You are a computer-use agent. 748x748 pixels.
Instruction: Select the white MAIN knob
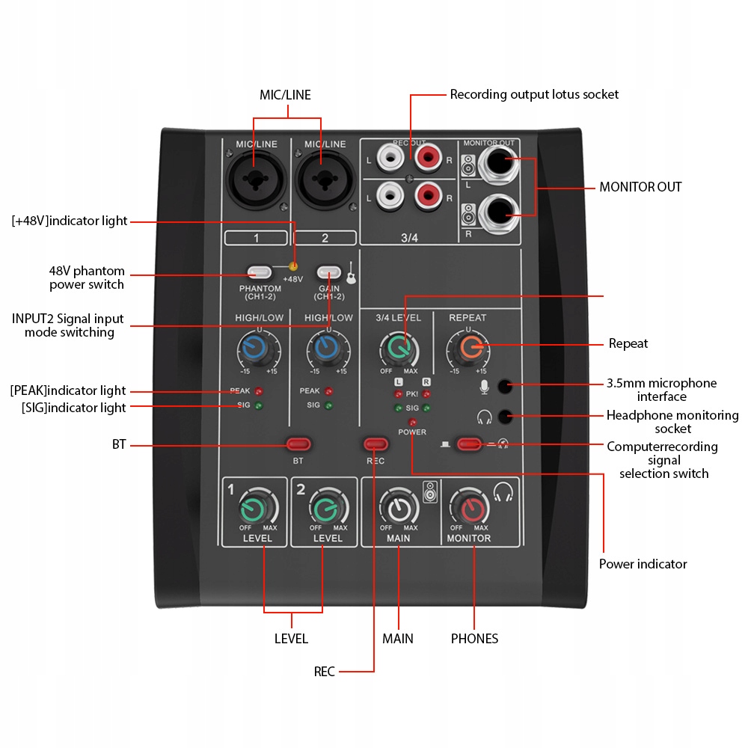click(x=398, y=508)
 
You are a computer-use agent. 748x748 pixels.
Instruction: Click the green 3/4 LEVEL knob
click(x=399, y=347)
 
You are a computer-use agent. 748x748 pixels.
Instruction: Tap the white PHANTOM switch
click(x=259, y=273)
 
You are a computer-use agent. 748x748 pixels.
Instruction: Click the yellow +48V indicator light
click(x=293, y=266)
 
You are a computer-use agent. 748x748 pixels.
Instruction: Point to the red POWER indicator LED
click(x=412, y=422)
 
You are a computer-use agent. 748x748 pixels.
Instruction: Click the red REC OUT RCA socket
click(x=429, y=158)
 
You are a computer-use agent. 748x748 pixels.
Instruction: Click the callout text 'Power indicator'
click(x=643, y=564)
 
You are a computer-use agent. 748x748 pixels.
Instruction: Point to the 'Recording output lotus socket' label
click(x=534, y=94)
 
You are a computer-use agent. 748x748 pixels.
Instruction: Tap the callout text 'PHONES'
click(x=474, y=639)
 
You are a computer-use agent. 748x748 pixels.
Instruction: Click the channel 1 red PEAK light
click(x=259, y=391)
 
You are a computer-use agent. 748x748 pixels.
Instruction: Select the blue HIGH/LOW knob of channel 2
click(x=325, y=347)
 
